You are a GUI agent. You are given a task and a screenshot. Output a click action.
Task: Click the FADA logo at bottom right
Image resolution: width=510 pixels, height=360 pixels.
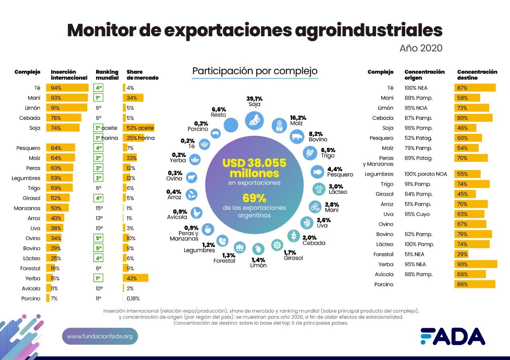pos(453,336)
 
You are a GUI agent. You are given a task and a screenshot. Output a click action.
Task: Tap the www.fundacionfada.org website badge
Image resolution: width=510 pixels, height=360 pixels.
pos(100,337)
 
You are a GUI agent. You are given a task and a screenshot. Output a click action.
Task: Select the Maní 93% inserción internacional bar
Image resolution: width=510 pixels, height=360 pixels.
pos(67,98)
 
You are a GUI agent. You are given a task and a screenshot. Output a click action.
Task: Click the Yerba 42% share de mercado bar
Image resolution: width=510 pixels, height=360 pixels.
pos(135,278)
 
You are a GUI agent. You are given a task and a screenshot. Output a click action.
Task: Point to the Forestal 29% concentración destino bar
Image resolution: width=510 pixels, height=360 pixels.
pos(461,254)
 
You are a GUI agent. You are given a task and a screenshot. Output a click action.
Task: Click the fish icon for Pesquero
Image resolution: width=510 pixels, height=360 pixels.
pos(317,172)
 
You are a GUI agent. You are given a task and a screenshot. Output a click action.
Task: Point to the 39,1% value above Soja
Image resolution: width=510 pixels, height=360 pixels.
pos(254,98)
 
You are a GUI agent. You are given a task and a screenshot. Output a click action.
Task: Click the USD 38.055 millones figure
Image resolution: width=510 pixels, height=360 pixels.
pos(254,168)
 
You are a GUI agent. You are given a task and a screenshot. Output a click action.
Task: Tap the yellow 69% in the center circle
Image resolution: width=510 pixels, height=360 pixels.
pos(254,198)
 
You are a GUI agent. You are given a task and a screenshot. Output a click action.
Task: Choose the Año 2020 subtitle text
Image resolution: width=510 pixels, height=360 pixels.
pos(421,48)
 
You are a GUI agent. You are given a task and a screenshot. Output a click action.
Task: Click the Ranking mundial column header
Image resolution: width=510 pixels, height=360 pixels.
pos(107,74)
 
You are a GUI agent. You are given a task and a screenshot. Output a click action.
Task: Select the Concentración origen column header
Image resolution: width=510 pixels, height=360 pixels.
pos(424,74)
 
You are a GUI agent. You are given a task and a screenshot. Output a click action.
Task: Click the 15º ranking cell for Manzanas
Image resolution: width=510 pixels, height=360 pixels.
pos(99,208)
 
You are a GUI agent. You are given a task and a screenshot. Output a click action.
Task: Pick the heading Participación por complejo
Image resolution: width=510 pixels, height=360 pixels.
pos(255,71)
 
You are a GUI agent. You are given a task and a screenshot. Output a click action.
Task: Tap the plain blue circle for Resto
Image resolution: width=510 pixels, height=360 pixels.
pos(231,125)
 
